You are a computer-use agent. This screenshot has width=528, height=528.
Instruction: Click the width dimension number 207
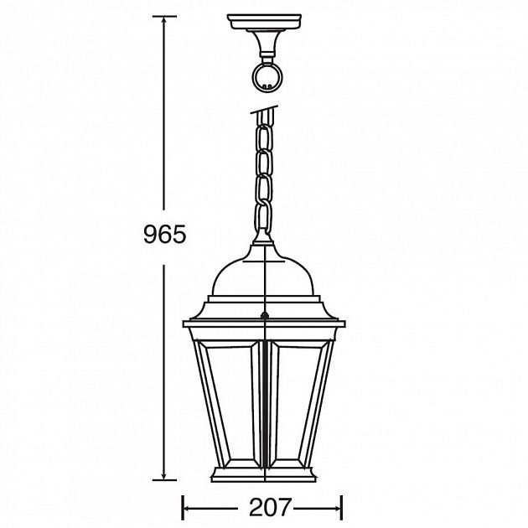[x=262, y=507]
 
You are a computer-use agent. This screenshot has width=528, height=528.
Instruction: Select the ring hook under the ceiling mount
[x=264, y=76]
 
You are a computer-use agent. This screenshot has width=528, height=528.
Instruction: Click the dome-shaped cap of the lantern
[x=264, y=272]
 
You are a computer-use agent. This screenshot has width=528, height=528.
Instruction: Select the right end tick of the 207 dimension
[x=341, y=507]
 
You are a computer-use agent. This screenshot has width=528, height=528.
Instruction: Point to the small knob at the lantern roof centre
[x=264, y=317]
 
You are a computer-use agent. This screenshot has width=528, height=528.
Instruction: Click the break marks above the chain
[x=263, y=110]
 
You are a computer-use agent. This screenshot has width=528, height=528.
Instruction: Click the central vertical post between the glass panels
[x=264, y=402]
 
